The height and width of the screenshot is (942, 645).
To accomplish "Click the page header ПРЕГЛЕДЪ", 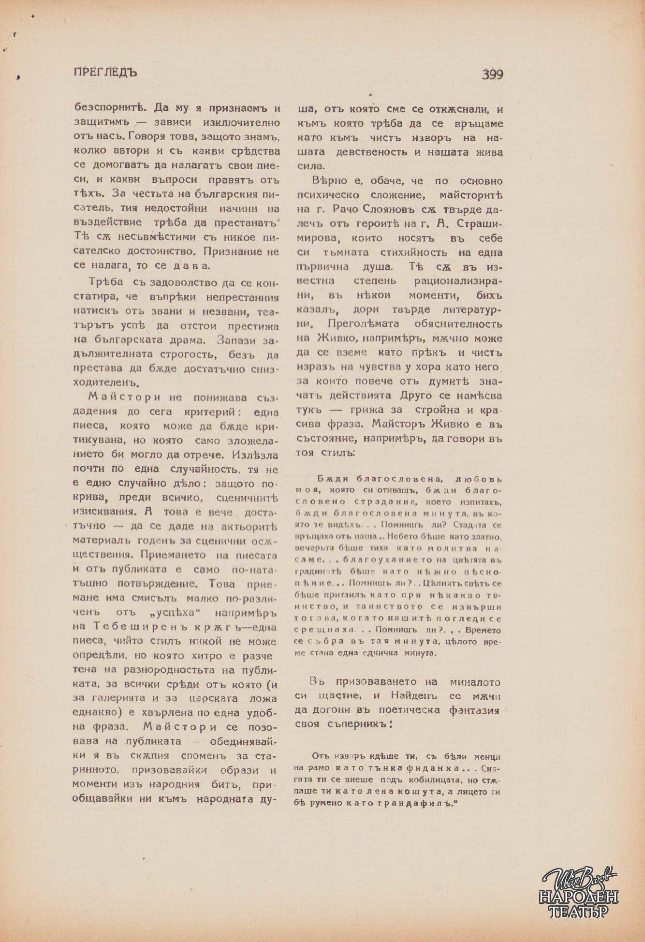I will (105, 72).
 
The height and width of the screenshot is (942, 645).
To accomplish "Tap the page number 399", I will (492, 74).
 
